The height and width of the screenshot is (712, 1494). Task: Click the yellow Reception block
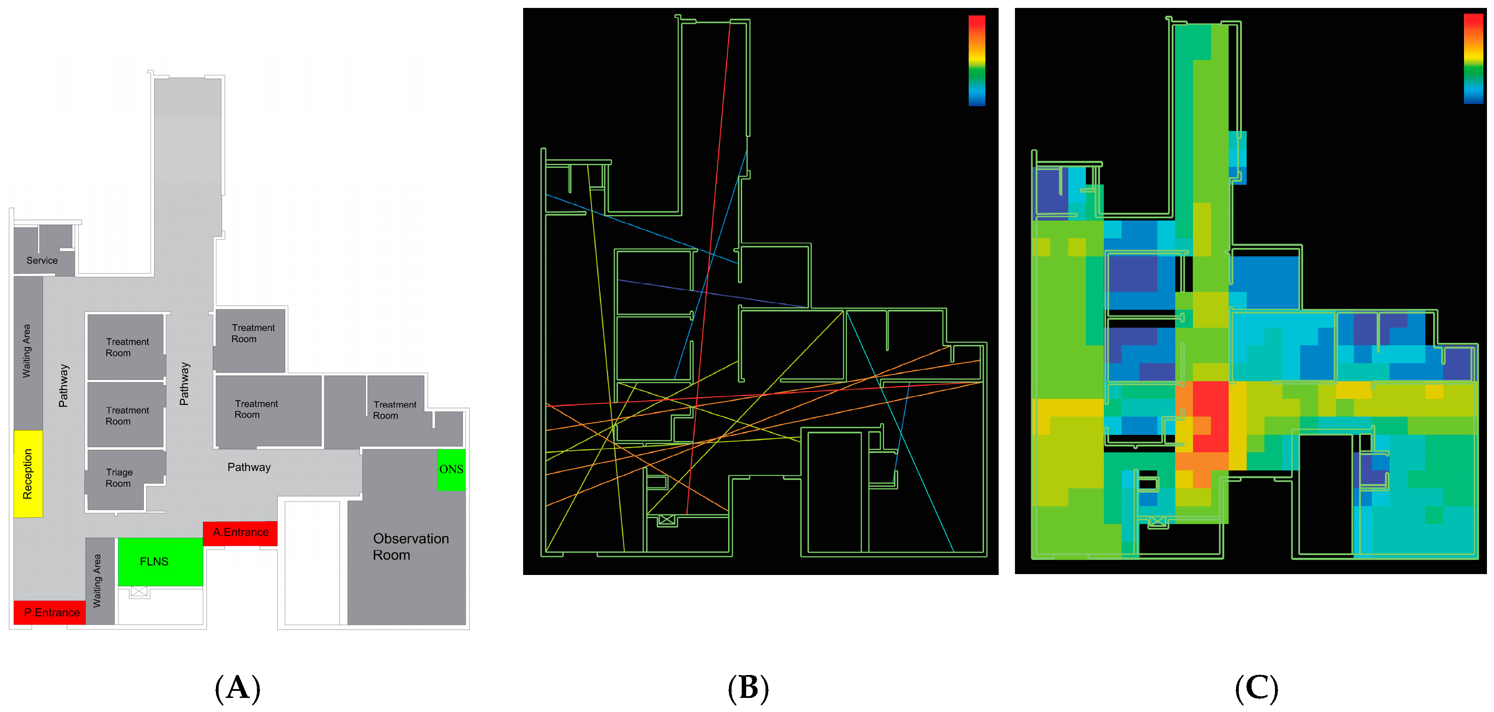[28, 473]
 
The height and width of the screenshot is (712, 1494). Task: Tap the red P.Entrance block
[50, 612]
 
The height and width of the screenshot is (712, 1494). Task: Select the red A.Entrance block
[240, 532]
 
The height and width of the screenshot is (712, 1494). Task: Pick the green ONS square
[451, 470]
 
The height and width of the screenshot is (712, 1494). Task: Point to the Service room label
[42, 260]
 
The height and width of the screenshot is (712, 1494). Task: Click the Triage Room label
[119, 478]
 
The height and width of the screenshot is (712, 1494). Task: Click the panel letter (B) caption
[748, 688]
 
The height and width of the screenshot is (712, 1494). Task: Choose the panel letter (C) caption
[1256, 688]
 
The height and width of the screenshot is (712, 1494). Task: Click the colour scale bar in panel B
[977, 60]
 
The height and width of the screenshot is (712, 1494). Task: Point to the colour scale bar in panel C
[1473, 59]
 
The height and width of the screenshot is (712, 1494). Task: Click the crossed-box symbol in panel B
[667, 519]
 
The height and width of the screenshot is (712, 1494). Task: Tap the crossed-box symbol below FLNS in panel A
[139, 591]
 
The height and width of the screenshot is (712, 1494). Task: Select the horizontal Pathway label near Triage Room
[249, 467]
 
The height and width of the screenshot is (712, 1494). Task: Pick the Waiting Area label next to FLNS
[97, 580]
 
